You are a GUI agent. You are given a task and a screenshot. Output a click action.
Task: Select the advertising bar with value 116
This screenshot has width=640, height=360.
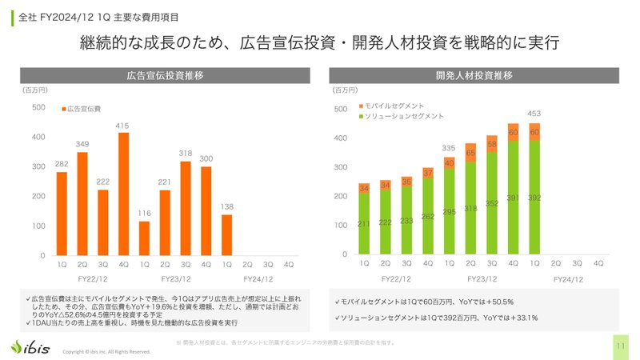pos(144,238)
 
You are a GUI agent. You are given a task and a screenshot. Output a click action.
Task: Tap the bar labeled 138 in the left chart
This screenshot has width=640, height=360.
pos(227,234)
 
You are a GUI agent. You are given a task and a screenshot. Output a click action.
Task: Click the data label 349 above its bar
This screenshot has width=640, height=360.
pos(82,144)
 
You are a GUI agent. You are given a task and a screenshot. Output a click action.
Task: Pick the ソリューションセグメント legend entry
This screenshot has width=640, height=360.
pos(400,117)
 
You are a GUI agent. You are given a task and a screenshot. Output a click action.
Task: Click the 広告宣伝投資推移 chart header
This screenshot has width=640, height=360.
pos(163,76)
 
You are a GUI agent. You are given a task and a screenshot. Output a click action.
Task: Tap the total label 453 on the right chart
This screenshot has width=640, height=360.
pos(534,113)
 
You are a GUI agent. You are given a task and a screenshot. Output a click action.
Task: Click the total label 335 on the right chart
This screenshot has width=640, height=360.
pos(449,148)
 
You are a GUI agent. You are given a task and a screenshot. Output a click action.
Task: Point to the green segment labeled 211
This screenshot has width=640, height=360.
pos(365,223)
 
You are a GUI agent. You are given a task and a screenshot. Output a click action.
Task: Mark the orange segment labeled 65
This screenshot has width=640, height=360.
pos(470,154)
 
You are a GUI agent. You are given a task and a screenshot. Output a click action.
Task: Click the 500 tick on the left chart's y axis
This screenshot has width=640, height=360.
pos(38,108)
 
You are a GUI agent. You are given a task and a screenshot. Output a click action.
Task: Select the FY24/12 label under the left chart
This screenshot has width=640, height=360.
pos(248,279)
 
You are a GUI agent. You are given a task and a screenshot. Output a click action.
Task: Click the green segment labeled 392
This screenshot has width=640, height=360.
pos(534,197)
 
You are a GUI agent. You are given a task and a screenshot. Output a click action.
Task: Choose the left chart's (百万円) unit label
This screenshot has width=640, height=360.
pos(34,91)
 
